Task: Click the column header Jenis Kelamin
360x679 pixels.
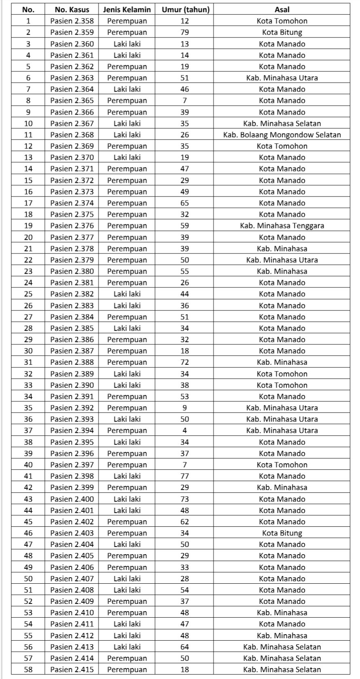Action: (127, 9)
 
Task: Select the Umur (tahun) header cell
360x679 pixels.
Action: (185, 9)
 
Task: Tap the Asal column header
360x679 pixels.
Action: (282, 9)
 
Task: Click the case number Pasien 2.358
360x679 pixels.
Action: (72, 21)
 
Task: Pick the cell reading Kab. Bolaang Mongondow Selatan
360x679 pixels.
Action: (282, 135)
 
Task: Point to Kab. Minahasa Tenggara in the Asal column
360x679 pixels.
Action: (282, 226)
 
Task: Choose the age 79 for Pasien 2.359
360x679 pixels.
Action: (185, 32)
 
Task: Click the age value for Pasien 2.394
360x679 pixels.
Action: (185, 431)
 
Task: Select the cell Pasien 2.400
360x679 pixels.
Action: (72, 499)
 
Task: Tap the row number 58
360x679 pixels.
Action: (28, 669)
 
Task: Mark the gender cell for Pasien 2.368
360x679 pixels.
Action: (127, 135)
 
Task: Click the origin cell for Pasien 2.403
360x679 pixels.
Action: (282, 533)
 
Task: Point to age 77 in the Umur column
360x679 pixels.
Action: (185, 476)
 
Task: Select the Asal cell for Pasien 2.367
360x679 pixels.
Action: (282, 123)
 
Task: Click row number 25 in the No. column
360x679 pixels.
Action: (28, 294)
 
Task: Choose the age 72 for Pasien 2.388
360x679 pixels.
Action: (185, 362)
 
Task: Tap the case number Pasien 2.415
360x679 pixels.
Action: (72, 669)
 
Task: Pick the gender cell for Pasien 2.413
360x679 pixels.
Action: (127, 647)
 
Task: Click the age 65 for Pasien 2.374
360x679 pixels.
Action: (185, 203)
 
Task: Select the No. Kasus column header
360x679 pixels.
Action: (72, 9)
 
